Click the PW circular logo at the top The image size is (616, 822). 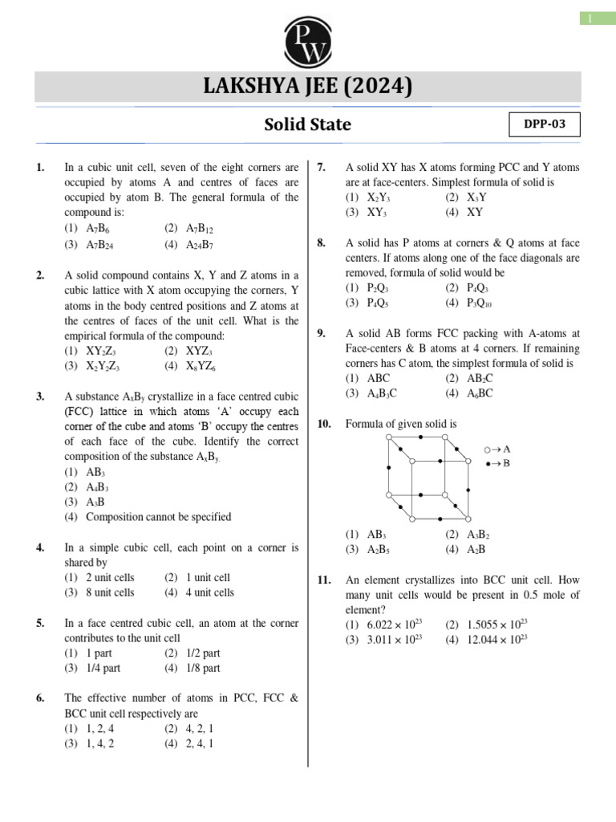pos(308,37)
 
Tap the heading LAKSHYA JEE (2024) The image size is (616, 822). pos(308,87)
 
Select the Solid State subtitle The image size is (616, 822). pos(308,125)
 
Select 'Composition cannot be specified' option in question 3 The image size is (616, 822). pos(158,517)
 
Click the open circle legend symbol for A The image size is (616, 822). pos(487,450)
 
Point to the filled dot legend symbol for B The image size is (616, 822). pos(487,463)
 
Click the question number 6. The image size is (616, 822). pos(40,698)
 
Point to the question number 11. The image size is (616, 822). pos(325,580)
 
